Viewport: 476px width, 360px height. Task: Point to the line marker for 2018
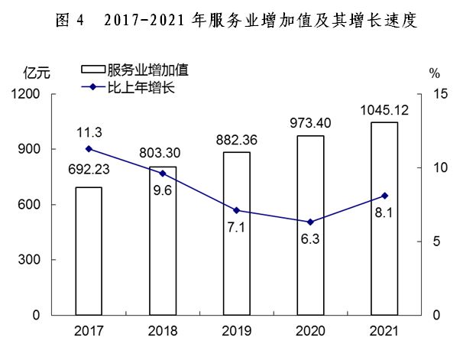pyautogui.click(x=163, y=174)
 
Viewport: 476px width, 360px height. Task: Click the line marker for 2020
pyautogui.click(x=310, y=222)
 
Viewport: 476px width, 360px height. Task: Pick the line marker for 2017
pyautogui.click(x=89, y=149)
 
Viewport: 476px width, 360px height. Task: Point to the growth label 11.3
pyautogui.click(x=89, y=132)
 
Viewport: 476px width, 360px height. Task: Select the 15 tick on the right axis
pyautogui.click(x=437, y=94)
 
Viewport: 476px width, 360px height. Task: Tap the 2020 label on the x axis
pyautogui.click(x=310, y=332)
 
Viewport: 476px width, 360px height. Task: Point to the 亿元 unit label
pyautogui.click(x=36, y=74)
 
